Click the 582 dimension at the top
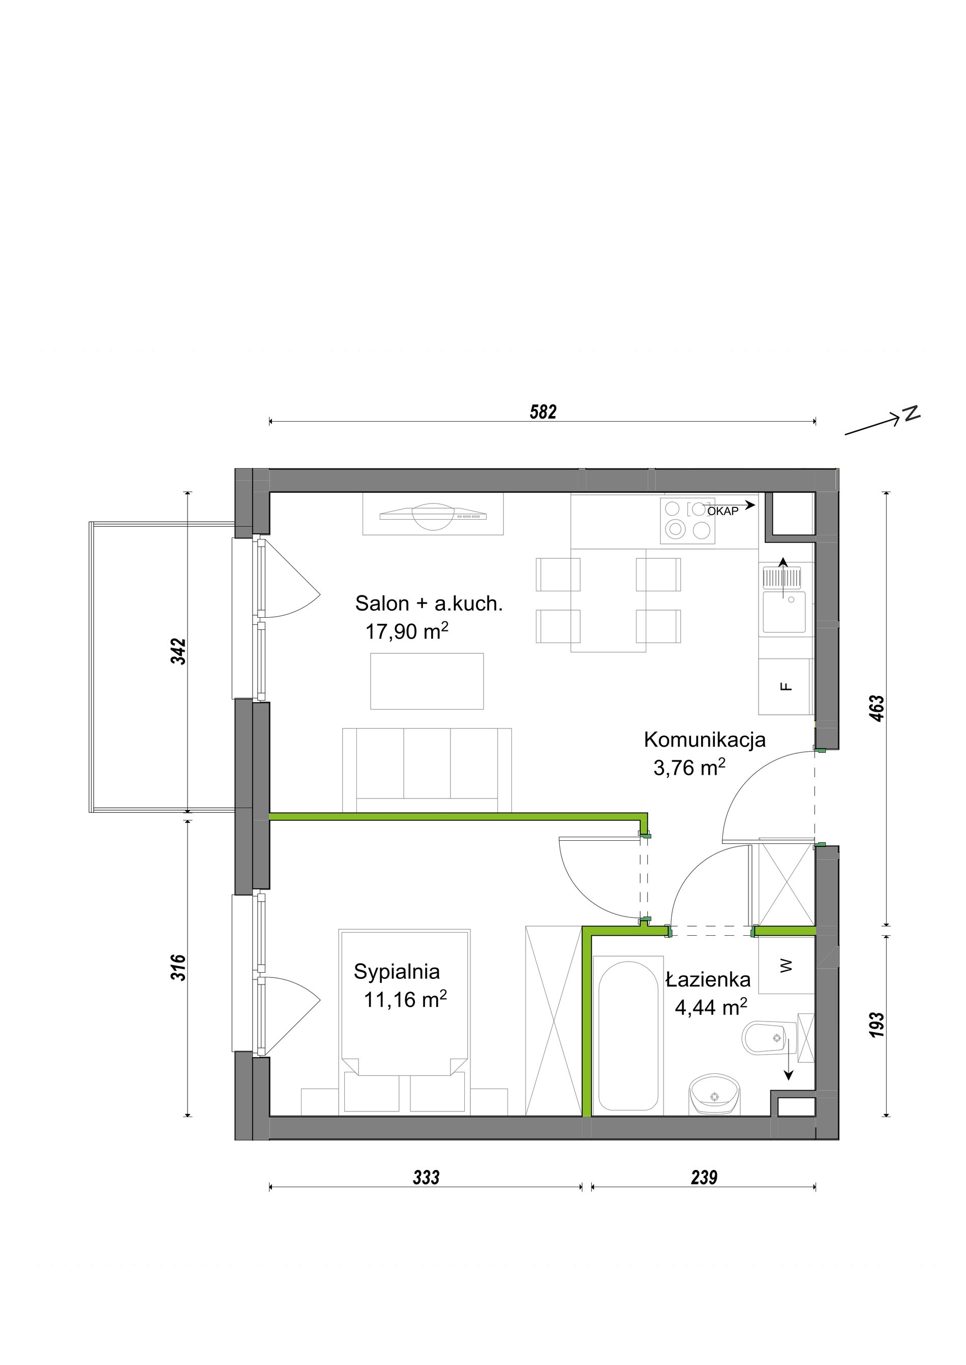[542, 412]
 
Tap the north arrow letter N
[911, 412]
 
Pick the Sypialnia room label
[397, 972]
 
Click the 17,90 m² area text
[407, 631]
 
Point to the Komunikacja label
[704, 740]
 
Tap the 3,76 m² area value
[689, 768]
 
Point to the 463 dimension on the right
[878, 708]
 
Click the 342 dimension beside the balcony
[179, 652]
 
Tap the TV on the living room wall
[433, 514]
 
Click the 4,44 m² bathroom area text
[711, 1008]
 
